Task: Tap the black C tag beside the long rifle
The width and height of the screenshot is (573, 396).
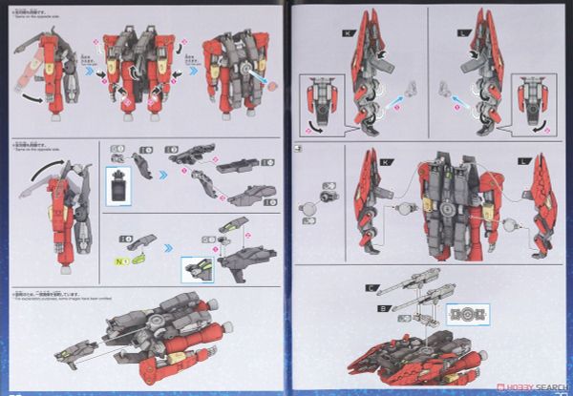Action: (x=368, y=287)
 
